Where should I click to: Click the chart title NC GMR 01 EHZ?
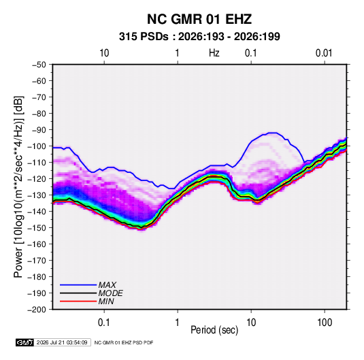(x=199, y=19)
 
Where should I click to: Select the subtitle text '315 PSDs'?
(x=144, y=37)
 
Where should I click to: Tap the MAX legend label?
(x=107, y=284)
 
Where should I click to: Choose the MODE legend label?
(x=110, y=293)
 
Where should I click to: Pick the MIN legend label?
(x=106, y=301)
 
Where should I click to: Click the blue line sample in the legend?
(x=78, y=284)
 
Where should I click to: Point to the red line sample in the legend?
(x=78, y=301)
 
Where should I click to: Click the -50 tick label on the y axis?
(x=39, y=65)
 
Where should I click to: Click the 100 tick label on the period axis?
(x=325, y=323)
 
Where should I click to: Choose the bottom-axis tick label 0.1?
(x=104, y=323)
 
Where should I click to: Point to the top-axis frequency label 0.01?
(x=324, y=53)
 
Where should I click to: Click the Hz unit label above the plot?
(x=214, y=53)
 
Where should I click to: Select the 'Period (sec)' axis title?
(x=214, y=330)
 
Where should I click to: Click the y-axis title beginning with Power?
(x=18, y=186)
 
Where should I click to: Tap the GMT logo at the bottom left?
(x=24, y=342)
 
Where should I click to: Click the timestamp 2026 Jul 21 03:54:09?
(x=62, y=342)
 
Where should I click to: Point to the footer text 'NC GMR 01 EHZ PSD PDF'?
(x=124, y=342)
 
